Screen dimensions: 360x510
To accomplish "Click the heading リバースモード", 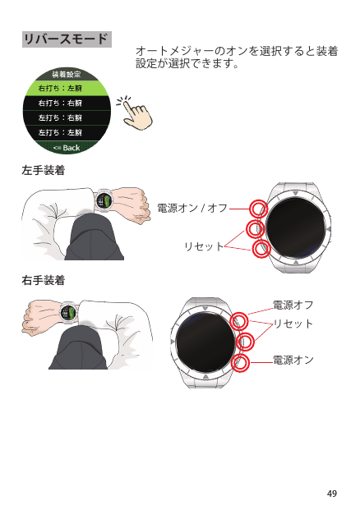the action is pos(67,39).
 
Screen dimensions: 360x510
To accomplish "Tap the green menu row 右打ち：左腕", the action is pos(67,88).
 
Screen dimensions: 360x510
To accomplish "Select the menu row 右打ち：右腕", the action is pos(67,103).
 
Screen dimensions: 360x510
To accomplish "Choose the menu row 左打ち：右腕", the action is pos(67,117).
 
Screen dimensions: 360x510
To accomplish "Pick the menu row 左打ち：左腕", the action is pos(67,132).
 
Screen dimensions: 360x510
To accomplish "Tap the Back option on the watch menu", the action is pos(67,148).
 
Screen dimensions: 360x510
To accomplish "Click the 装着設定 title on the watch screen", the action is pos(67,75).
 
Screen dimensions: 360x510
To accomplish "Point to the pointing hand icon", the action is pos(135,113).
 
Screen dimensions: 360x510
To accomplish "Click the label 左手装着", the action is pos(44,170).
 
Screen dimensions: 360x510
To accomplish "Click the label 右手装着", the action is pos(44,280).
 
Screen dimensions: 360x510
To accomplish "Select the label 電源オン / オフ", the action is pos(192,208).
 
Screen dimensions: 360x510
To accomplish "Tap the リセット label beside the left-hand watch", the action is pos(204,246).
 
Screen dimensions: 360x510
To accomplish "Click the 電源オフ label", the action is pos(293,305).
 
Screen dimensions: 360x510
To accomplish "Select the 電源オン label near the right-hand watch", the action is pos(293,360).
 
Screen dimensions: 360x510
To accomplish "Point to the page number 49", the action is pos(332,494).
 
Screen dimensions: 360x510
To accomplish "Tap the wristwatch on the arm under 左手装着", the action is pos(104,200).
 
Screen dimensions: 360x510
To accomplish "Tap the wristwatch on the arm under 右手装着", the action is pos(68,313).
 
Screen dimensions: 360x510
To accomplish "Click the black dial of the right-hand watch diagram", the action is pos(205,342).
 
